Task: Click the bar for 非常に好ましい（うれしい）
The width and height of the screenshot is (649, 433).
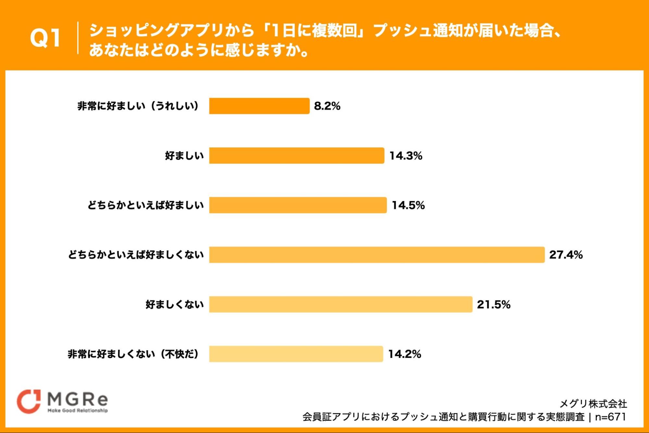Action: (259, 106)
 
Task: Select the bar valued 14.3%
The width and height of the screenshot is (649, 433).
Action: (296, 156)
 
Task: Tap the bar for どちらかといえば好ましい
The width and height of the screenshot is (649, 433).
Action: (298, 205)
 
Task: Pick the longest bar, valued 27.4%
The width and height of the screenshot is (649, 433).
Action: (377, 255)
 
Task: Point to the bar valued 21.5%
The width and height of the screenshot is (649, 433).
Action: (341, 304)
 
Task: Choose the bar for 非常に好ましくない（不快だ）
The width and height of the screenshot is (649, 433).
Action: (296, 354)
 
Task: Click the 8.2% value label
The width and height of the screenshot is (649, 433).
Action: (327, 106)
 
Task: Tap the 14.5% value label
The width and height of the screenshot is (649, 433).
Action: (408, 205)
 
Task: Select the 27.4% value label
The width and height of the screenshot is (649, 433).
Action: (566, 255)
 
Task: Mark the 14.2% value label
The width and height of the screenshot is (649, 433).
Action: (405, 354)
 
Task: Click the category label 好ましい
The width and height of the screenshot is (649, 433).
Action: (184, 156)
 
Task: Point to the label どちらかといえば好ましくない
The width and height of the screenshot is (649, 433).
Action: (136, 255)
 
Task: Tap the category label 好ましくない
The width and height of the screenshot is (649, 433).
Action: (175, 304)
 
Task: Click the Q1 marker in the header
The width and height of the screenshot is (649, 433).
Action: (45, 38)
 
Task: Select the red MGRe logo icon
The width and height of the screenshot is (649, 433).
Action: (29, 401)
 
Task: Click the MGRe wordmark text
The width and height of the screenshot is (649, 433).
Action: (78, 399)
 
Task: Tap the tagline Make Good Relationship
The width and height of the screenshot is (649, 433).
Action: (78, 411)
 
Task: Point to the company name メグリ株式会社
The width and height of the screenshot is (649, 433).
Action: (593, 404)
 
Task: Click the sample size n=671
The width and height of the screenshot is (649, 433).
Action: (610, 417)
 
